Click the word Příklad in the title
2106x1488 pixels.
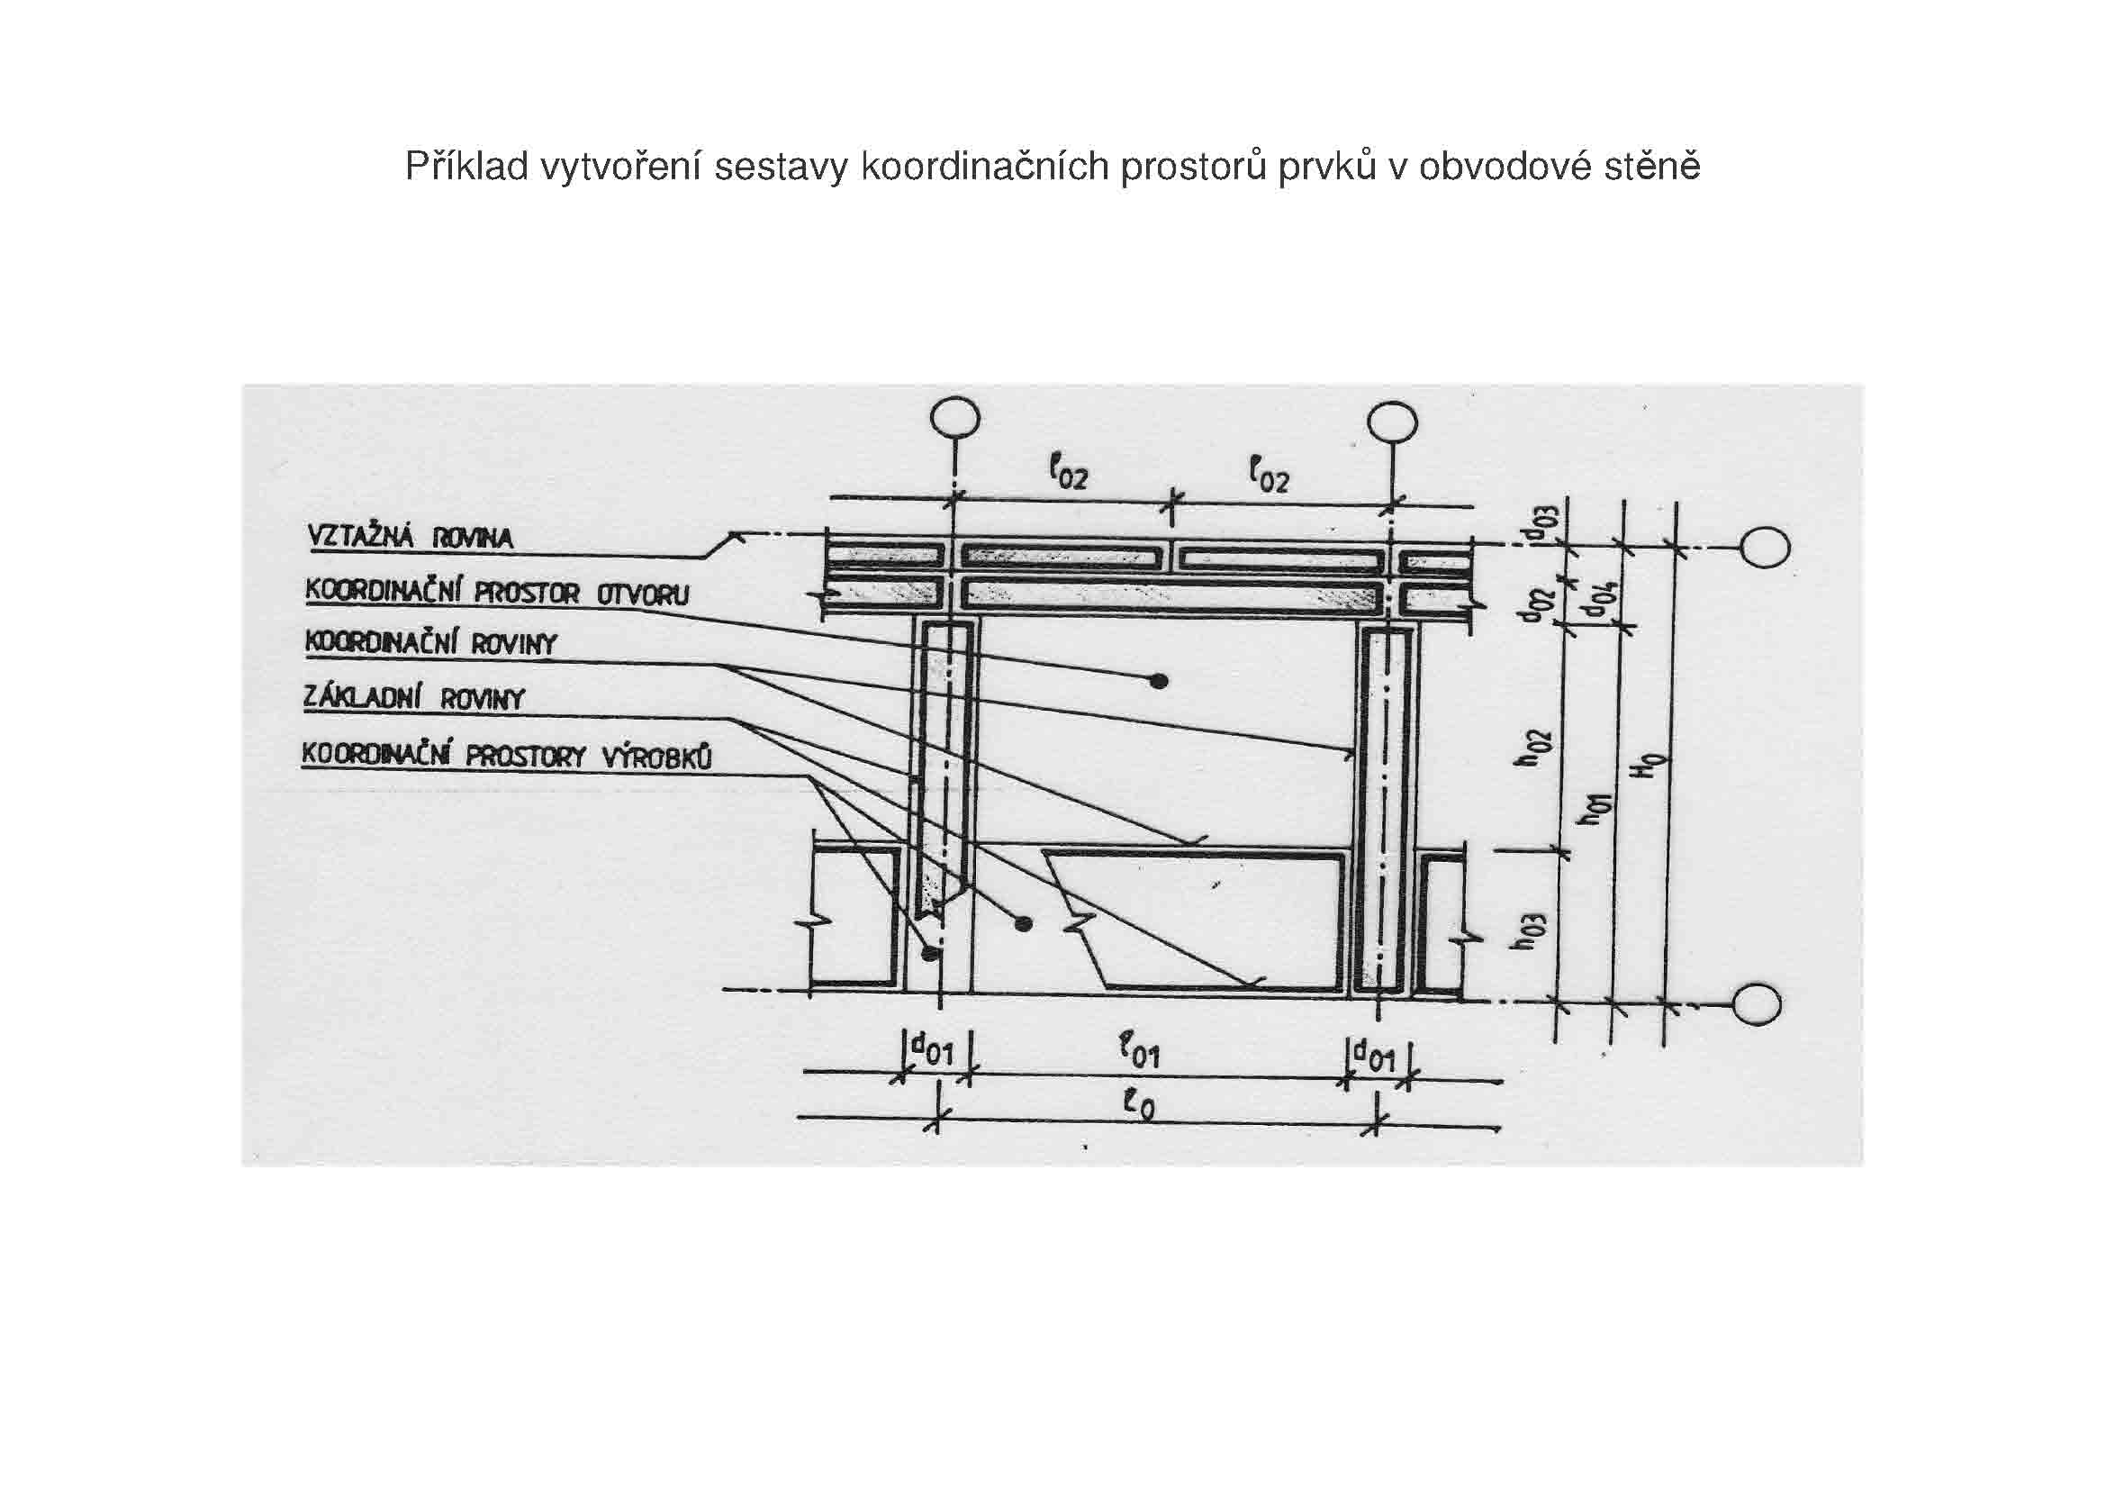[x=467, y=167]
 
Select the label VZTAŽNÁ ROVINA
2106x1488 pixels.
[x=410, y=538]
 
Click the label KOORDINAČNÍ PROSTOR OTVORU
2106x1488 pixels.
[x=496, y=592]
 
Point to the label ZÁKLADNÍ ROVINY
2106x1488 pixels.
[x=413, y=699]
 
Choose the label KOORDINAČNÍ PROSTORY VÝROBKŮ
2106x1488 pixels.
[x=507, y=756]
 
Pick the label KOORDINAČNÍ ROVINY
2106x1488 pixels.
[x=431, y=643]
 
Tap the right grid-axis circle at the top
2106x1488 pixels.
[x=1392, y=423]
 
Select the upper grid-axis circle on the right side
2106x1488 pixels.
[x=1766, y=549]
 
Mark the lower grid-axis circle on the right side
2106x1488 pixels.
[x=1758, y=1004]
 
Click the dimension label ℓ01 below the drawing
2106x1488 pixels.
[x=1140, y=1051]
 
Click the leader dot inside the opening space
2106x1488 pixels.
[x=1160, y=681]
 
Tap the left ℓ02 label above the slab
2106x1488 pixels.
[x=1069, y=475]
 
